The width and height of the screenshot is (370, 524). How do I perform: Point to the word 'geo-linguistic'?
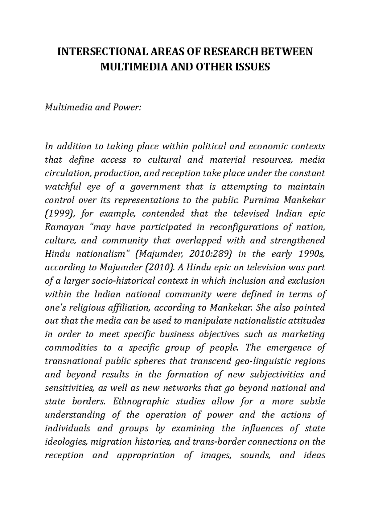coord(261,361)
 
